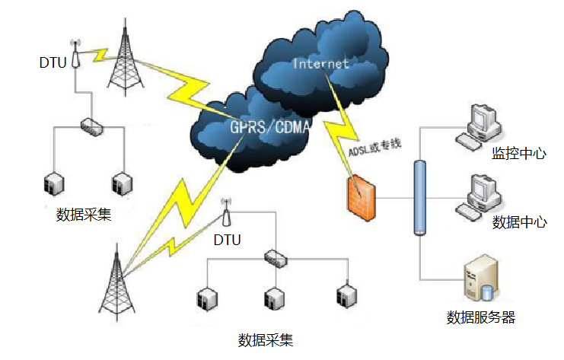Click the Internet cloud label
tap(320, 63)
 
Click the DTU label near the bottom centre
tap(227, 241)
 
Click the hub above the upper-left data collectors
tap(91, 126)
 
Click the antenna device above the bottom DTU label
tap(226, 215)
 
